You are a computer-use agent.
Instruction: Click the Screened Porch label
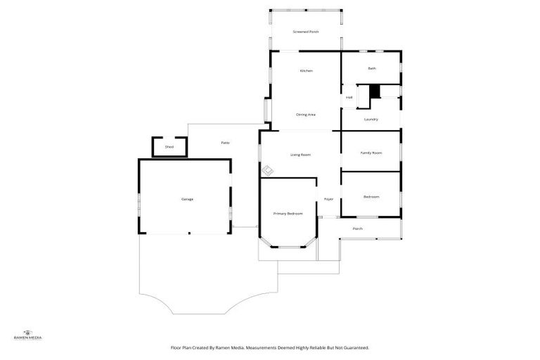[306, 32]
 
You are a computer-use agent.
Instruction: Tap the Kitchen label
[306, 71]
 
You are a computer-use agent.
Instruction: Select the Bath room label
[372, 68]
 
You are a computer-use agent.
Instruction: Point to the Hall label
[349, 98]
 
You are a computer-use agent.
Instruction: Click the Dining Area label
[305, 115]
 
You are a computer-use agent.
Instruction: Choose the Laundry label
[371, 120]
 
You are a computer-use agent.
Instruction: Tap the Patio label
[226, 143]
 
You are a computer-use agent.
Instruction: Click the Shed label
[169, 147]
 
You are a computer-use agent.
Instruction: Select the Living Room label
[301, 154]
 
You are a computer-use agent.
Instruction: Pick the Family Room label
[371, 153]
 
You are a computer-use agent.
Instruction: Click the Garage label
[187, 199]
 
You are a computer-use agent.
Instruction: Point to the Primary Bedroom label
[288, 213]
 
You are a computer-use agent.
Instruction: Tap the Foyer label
[328, 200]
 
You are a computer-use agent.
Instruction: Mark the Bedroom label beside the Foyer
[371, 196]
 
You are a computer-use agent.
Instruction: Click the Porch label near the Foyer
[358, 229]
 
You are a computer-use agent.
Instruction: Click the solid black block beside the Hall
[375, 91]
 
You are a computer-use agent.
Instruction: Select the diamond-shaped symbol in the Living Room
[268, 170]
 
